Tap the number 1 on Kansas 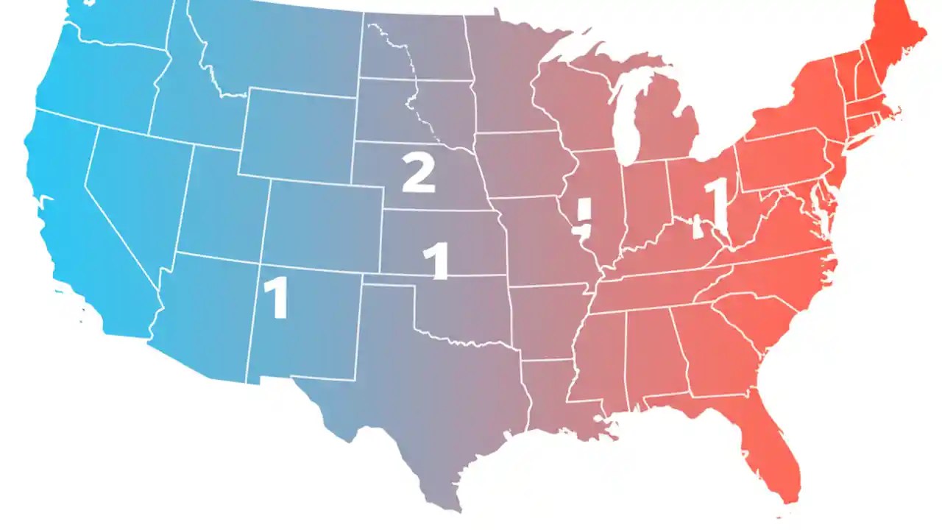437,261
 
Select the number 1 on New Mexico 276,297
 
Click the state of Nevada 136,191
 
